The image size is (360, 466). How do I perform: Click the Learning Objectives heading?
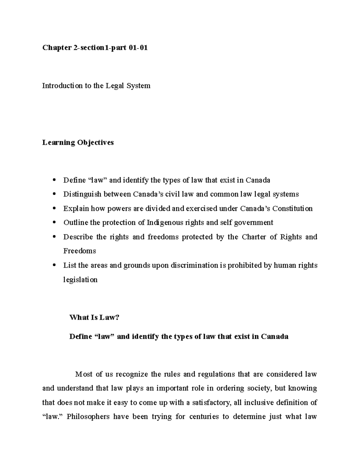point(78,143)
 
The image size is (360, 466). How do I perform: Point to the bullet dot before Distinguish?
point(54,194)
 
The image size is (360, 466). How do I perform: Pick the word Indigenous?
point(164,223)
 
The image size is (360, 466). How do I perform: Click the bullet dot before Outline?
point(54,223)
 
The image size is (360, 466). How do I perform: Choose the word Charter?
point(254,237)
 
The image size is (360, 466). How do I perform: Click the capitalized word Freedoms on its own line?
point(79,251)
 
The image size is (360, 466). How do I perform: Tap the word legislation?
point(80,280)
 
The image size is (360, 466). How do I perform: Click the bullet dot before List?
point(54,265)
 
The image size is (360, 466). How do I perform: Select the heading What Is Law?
point(94,317)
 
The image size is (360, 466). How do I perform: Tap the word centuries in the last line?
point(204,417)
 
